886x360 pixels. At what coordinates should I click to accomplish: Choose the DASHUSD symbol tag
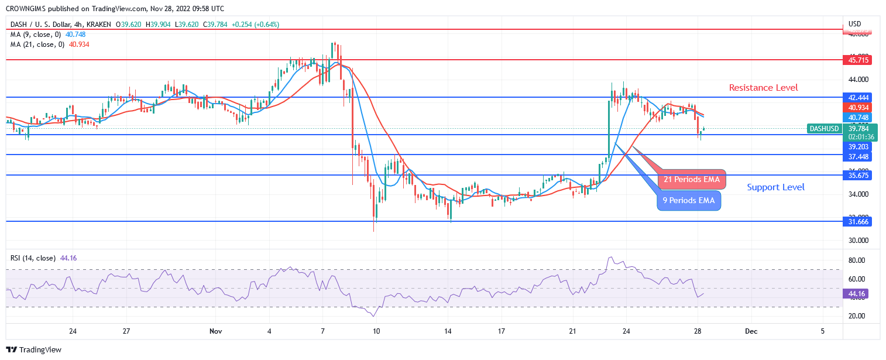coord(824,129)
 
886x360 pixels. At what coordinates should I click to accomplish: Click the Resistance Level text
coord(763,88)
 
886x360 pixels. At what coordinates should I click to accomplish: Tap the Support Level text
coord(775,187)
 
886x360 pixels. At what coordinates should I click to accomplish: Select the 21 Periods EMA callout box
coord(691,179)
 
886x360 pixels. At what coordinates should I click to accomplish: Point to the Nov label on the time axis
coord(215,331)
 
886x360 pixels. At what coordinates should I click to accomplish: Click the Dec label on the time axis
coord(751,331)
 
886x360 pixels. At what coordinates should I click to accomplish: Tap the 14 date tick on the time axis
coord(448,331)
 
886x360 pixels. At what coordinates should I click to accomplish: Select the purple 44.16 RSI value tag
coord(854,294)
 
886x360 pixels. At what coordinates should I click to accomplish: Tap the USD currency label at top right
coord(855,25)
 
